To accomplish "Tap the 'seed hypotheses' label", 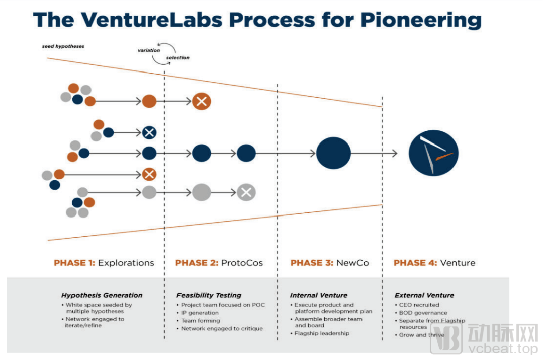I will pos(63,46).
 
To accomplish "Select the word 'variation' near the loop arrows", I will pos(149,50).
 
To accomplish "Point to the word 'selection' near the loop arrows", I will pos(177,58).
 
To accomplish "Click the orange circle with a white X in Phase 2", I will pos(201,102).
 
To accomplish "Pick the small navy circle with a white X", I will pos(149,133).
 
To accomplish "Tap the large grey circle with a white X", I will pos(246,192).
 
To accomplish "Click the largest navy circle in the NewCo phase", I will pos(333,153).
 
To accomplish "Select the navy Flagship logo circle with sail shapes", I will pos(433,153).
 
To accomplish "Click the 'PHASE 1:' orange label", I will pos(74,263).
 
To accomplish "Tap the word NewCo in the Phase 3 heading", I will pos(352,263).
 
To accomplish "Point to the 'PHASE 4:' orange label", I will pos(415,263).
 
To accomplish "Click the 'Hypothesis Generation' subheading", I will pos(102,295).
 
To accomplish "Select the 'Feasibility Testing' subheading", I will pos(209,295).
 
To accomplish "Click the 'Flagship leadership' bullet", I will pos(322,333).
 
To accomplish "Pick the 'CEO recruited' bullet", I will pos(419,305).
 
